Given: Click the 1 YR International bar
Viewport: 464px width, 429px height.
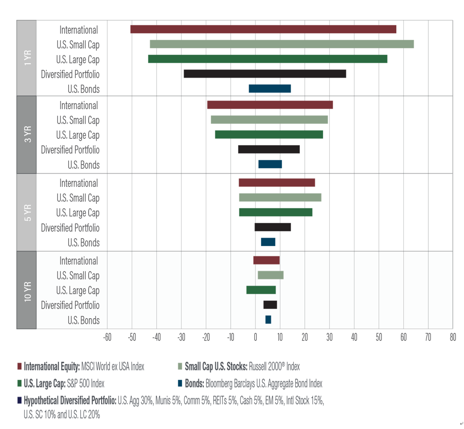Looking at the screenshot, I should [263, 29].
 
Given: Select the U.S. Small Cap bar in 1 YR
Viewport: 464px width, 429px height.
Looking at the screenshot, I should [282, 44].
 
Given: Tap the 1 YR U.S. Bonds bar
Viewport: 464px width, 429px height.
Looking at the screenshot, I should [270, 89].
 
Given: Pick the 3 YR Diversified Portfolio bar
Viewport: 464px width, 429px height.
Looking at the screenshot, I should [269, 150].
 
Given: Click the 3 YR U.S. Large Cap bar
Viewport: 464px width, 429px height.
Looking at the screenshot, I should [269, 134].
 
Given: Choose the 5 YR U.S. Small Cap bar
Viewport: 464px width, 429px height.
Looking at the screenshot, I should [280, 198].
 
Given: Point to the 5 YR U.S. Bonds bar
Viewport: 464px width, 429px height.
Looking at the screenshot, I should [268, 242].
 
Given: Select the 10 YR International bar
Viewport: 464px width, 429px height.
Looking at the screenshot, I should [267, 260].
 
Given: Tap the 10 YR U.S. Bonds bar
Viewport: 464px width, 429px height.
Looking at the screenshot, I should [268, 320].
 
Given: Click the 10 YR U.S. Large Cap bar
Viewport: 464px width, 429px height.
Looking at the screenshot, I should [261, 290].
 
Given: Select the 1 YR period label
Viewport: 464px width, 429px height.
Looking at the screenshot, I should [26, 58].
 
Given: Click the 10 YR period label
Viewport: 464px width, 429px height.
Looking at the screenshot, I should [26, 290].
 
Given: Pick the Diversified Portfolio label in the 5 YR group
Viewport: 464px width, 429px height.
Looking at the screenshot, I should [70, 228].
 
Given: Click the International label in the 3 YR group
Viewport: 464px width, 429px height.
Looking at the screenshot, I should [78, 105].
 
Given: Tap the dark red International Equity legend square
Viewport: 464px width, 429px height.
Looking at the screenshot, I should [20, 367].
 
